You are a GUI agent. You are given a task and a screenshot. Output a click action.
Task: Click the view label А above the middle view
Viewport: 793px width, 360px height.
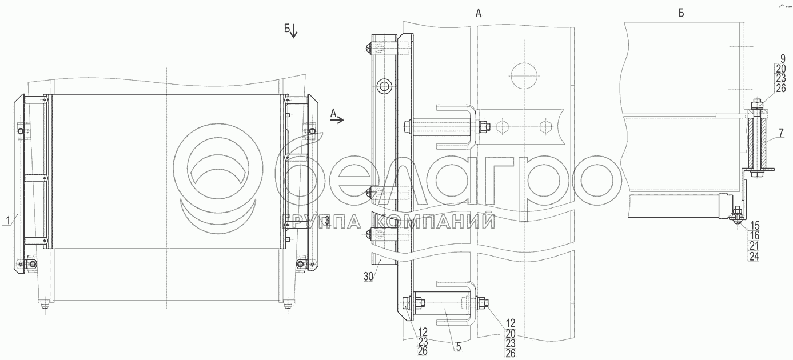479,14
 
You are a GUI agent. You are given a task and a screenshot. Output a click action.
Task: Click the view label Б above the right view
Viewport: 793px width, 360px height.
681,14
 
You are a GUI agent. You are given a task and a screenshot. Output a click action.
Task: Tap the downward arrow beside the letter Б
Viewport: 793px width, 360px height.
294,32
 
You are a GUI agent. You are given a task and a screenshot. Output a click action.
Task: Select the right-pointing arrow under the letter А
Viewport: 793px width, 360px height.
337,121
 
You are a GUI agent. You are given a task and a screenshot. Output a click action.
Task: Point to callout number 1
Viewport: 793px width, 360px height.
9,220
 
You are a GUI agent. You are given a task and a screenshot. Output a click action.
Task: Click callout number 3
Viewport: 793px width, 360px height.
327,221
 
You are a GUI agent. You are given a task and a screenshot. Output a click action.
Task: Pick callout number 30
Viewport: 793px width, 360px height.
369,277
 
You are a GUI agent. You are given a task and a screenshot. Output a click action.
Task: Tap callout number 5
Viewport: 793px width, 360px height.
459,347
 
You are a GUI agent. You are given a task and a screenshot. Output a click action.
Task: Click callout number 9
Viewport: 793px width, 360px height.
783,59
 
